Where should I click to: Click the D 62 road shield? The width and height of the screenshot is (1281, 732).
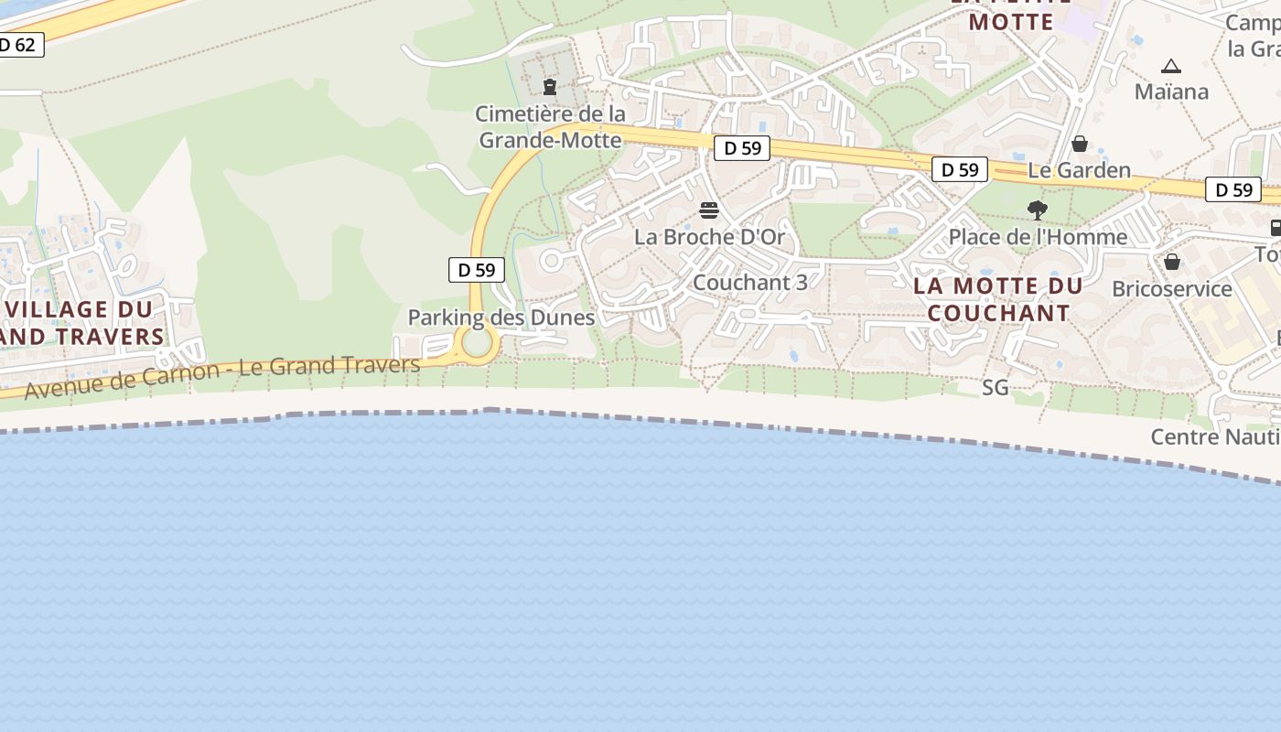18,44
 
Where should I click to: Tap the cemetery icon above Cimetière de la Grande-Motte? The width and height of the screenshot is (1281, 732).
550,87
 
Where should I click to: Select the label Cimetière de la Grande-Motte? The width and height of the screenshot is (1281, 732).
551,127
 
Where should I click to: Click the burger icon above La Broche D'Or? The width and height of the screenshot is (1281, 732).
709,210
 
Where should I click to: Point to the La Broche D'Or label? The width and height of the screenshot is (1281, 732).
709,237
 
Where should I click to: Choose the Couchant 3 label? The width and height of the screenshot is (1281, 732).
750,282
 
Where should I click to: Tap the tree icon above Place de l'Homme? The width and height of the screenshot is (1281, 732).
1037,210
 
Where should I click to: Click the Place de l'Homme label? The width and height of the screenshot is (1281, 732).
1038,237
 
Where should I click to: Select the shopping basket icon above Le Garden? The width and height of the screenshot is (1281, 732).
1080,144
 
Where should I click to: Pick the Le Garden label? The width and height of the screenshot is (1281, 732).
1080,170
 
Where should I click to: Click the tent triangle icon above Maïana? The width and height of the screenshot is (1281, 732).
1171,66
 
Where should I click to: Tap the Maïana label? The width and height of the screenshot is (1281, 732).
1171,91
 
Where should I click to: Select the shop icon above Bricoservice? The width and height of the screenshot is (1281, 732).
1172,263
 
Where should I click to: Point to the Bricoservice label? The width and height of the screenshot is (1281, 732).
1172,289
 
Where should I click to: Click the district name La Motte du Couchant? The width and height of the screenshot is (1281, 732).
998,299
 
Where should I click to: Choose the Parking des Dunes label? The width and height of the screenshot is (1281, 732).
501,318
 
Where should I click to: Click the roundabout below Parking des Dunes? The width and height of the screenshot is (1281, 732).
477,344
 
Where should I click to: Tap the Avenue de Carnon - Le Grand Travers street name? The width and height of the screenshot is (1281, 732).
222,377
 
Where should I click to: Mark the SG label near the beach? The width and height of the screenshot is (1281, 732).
995,388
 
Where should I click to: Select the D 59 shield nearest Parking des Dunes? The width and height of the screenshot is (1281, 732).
477,270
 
